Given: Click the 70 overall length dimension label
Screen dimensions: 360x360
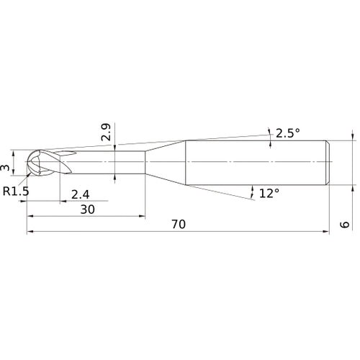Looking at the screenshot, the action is pos(179,224).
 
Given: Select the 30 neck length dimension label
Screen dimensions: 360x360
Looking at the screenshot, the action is pos(87,210).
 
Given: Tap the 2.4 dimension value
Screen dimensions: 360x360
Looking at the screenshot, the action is pos(81,194).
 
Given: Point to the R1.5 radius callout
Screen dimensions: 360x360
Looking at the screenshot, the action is pos(16,192).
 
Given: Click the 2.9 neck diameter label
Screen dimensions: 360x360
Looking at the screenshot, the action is pos(106,132).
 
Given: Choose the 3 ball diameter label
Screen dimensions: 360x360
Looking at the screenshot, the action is pos(5,167).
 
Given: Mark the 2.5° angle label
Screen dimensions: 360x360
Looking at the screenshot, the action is pos(288,133).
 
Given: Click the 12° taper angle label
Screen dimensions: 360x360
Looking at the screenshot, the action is pos(269,193).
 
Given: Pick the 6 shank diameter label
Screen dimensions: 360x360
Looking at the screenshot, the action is pos(345,225).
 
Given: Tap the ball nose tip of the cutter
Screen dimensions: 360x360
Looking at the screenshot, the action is pos(27,162).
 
